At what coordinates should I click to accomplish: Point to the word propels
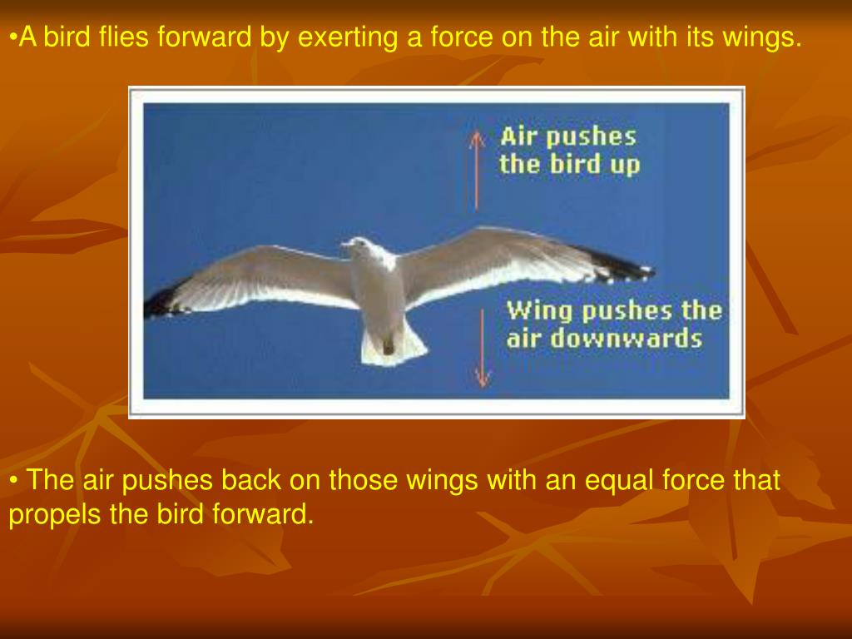coord(56,515)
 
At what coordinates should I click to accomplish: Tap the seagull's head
coord(361,246)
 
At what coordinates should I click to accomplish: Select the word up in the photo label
coord(624,164)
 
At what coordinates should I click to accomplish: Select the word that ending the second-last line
coord(756,481)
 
